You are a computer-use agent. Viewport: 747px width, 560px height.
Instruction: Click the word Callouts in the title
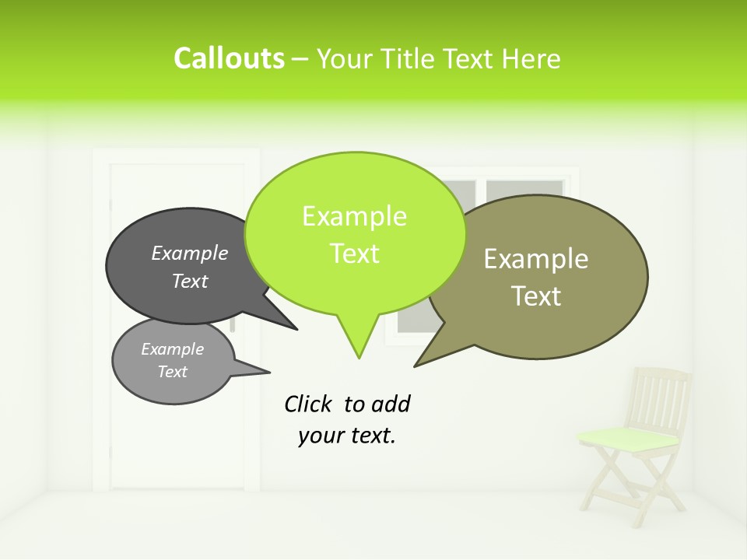tap(229, 58)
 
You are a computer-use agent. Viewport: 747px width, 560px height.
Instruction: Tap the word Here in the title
tap(531, 58)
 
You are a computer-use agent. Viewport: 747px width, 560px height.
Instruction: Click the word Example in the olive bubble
tap(536, 259)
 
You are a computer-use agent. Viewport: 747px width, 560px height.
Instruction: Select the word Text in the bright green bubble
tap(355, 254)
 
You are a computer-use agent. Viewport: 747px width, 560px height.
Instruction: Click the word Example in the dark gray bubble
tap(190, 254)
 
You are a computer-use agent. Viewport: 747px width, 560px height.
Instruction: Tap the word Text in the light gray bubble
tap(173, 372)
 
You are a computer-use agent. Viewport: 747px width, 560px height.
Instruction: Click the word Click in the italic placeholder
tap(308, 404)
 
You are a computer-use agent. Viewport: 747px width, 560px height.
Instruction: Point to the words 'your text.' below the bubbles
tap(347, 436)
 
